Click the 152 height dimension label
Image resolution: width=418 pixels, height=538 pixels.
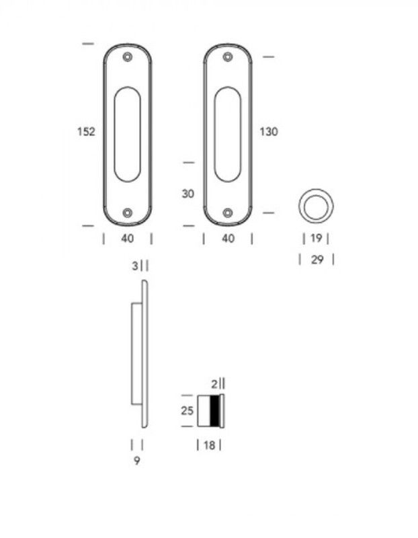tap(86, 132)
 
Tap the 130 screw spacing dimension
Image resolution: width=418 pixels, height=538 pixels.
tap(269, 132)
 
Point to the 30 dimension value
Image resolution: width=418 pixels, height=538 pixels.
tap(188, 194)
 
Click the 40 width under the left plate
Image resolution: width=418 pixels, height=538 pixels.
tap(127, 239)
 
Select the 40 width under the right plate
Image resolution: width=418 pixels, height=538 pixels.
tap(228, 239)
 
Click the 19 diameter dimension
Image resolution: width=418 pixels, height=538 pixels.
tap(316, 238)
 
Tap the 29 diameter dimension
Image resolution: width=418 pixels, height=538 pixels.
tap(317, 260)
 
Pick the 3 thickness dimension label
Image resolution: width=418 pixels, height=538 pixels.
tap(135, 266)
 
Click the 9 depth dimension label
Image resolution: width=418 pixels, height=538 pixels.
tap(137, 461)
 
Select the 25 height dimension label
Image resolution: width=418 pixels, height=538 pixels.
tap(187, 411)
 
